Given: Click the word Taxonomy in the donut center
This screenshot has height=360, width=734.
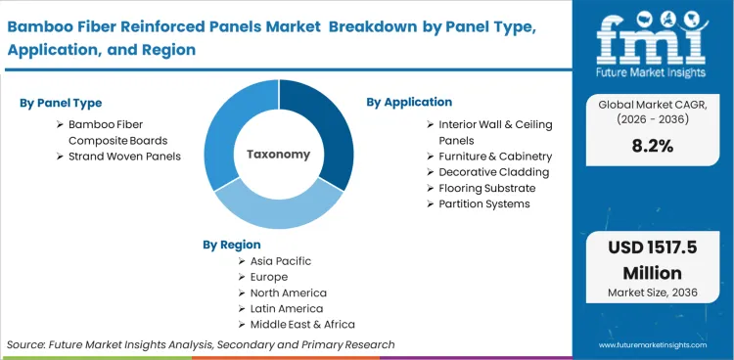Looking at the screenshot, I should coord(278,155).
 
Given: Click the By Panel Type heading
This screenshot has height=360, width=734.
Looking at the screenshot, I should coord(61,103).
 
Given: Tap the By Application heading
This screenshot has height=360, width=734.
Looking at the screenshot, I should coord(409,102).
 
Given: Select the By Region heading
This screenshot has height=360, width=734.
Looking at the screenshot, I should coord(232,245).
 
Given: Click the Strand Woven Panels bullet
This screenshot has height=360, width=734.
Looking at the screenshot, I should coord(124,157).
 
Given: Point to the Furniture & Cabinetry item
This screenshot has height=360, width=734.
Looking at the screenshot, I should coord(495,157).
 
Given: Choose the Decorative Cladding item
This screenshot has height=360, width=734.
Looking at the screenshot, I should coord(493,172).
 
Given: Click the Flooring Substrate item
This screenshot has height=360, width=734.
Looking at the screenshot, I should coord(486,188).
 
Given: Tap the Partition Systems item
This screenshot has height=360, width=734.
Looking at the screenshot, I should coord(483,203).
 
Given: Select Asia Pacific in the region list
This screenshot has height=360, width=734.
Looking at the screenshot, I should coord(282,262).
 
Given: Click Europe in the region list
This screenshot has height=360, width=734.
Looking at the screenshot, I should coord(269,277).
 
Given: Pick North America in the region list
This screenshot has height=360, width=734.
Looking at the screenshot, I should coord(289,292).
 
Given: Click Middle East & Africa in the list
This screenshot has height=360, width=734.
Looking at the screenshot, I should coord(302,324).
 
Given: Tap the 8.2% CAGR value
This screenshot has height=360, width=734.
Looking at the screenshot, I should coord(652,147).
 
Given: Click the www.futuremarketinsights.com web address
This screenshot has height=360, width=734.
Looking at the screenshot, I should coord(653,344).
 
